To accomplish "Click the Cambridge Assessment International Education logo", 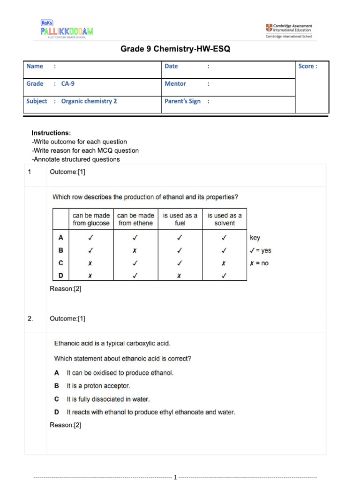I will click(289, 30).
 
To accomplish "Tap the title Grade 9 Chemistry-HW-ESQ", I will click(175, 49).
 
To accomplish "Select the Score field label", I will click(307, 67).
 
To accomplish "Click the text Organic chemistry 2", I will click(89, 101).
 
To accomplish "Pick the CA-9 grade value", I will click(68, 84).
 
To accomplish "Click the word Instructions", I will click(51, 133).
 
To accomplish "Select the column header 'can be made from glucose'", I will click(91, 219).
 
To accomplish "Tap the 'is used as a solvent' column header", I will click(225, 219).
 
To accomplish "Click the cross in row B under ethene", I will click(135, 251).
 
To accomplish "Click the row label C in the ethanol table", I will click(60, 263).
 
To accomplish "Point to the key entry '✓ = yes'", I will click(261, 251).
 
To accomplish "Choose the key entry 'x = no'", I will click(259, 263).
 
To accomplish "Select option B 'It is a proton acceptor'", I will click(98, 386).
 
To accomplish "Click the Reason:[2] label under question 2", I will click(66, 425).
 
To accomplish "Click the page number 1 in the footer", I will click(175, 477).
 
